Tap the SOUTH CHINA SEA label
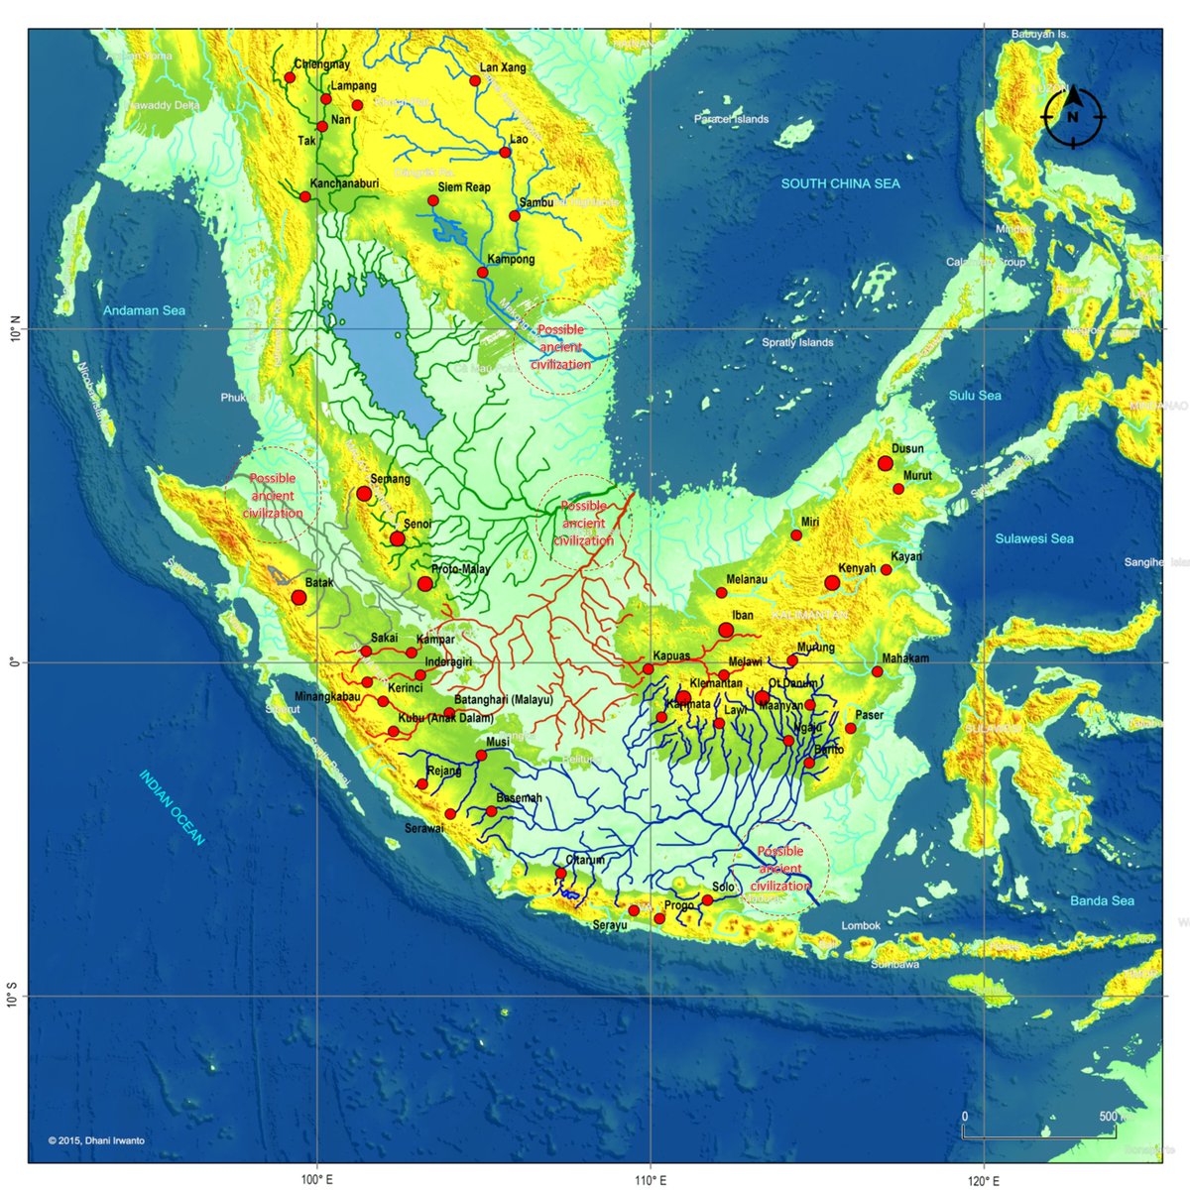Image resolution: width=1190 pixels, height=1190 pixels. (x=840, y=183)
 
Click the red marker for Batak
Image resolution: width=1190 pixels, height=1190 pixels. (x=298, y=597)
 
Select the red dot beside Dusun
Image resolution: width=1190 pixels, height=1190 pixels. (x=885, y=463)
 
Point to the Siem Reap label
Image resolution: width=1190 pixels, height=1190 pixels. (x=464, y=187)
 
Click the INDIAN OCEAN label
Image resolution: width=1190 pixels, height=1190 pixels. (x=172, y=807)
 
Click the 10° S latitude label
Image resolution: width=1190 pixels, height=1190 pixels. (x=12, y=996)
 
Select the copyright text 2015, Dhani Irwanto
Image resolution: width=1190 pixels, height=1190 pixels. (x=96, y=1140)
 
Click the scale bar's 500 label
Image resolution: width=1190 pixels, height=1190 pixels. (x=1107, y=1118)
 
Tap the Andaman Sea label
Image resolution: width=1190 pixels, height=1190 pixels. (x=145, y=310)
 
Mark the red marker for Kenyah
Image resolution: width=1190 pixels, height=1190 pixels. (x=831, y=583)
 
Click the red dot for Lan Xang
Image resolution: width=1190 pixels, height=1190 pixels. (x=475, y=81)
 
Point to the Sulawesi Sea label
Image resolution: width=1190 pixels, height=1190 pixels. (x=1034, y=538)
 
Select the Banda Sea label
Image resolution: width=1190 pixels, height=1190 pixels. (x=1102, y=900)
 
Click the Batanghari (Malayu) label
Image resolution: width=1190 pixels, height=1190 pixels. (x=503, y=700)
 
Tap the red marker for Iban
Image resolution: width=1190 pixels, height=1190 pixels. (x=726, y=630)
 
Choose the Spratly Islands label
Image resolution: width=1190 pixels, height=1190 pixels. (x=797, y=342)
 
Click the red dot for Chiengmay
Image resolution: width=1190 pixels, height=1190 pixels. (x=291, y=77)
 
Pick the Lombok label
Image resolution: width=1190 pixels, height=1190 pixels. (x=861, y=925)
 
